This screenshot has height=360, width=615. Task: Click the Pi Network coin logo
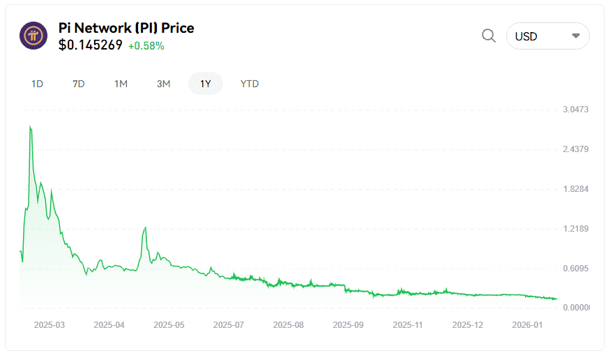33,36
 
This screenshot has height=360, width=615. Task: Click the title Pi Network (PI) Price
126,28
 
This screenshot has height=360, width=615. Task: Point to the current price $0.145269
91,45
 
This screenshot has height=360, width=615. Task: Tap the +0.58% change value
146,46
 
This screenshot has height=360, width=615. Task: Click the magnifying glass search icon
489,36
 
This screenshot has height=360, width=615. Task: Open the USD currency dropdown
547,36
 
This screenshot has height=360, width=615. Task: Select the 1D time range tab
38,84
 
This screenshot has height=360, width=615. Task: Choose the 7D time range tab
79,84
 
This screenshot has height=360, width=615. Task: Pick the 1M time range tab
121,84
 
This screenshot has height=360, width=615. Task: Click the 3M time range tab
163,84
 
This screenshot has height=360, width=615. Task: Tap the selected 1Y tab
206,84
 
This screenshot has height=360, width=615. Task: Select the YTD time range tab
250,84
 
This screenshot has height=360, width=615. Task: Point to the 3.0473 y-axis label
576,110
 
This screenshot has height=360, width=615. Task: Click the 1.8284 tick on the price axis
576,189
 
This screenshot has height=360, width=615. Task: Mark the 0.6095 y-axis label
576,269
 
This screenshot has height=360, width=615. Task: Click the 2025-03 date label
49,325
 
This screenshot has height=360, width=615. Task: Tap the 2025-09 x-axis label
349,325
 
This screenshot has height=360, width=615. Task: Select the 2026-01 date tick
528,325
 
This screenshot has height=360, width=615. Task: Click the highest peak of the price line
30,127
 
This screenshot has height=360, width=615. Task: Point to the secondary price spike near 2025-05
145,227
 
